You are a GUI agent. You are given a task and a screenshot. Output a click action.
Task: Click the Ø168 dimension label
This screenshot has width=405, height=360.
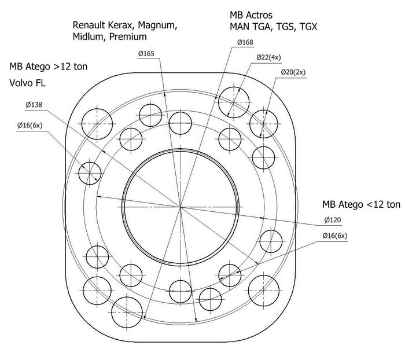[245, 42]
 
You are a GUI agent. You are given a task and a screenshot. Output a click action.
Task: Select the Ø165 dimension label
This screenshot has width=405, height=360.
[146, 54]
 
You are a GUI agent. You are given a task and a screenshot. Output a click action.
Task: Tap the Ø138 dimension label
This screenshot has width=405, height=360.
[34, 105]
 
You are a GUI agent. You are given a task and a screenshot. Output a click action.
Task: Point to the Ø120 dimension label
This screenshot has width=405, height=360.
[333, 220]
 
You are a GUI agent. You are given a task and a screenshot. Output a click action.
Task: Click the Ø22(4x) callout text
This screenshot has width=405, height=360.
[268, 57]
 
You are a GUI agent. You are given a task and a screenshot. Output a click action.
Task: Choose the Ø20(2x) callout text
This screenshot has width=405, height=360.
[293, 72]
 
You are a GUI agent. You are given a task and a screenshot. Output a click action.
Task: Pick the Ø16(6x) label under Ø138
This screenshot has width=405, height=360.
[30, 126]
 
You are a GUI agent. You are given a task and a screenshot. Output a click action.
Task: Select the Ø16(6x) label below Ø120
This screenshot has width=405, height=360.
[335, 236]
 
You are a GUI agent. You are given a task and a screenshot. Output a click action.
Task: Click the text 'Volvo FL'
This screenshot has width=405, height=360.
[27, 83]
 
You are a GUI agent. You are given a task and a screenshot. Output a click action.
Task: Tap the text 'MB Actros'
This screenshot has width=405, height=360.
[251, 15]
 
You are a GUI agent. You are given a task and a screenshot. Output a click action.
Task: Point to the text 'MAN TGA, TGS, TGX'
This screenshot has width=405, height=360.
[273, 27]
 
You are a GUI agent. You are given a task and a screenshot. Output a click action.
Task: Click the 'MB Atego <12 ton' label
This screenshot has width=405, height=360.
[361, 204]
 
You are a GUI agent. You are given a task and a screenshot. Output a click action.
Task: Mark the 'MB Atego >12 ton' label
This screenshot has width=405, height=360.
[48, 67]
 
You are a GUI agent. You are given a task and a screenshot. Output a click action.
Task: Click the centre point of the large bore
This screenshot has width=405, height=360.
[181, 207]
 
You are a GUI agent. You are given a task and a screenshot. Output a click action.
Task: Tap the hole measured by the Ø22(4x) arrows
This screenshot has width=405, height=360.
[234, 102]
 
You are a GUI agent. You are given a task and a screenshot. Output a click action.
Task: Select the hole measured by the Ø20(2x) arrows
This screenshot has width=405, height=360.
[264, 124]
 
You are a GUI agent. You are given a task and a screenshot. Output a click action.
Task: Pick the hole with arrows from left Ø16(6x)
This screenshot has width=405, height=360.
[90, 173]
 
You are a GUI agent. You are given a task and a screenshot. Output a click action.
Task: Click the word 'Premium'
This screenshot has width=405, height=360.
[128, 36]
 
